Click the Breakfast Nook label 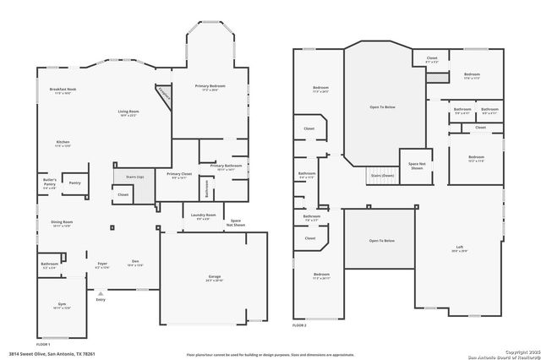coord(63,90)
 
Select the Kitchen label coord(63,143)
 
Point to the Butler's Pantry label coord(50,183)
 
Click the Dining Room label coord(62,224)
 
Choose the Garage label coord(215,278)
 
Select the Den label coord(134,263)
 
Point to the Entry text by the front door coord(101,299)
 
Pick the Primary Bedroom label coord(210,86)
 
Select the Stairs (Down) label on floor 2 coord(382,176)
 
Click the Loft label coord(460,248)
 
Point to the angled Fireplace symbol coord(163,95)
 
